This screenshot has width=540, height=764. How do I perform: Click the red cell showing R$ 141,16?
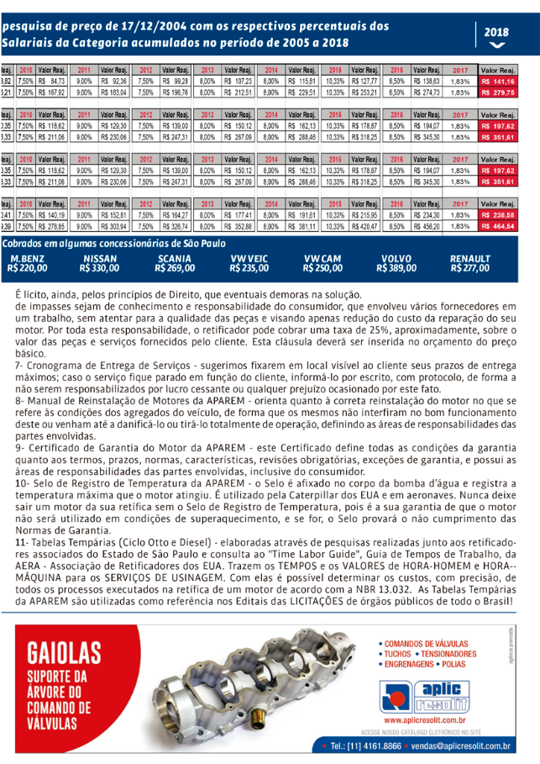pyautogui.click(x=498, y=81)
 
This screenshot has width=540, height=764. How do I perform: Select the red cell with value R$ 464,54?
pyautogui.click(x=498, y=226)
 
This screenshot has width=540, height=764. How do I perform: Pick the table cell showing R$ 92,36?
pyautogui.click(x=113, y=81)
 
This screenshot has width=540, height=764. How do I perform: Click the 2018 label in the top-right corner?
pyautogui.click(x=498, y=32)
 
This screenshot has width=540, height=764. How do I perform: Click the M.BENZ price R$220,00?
pyautogui.click(x=27, y=269)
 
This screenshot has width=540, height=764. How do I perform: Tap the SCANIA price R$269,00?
pyautogui.click(x=175, y=269)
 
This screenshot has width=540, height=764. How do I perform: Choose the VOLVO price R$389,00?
pyautogui.click(x=396, y=269)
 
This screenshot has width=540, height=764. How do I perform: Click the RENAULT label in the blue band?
pyautogui.click(x=469, y=259)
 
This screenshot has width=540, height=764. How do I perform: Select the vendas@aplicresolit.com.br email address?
pyautogui.click(x=463, y=745)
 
